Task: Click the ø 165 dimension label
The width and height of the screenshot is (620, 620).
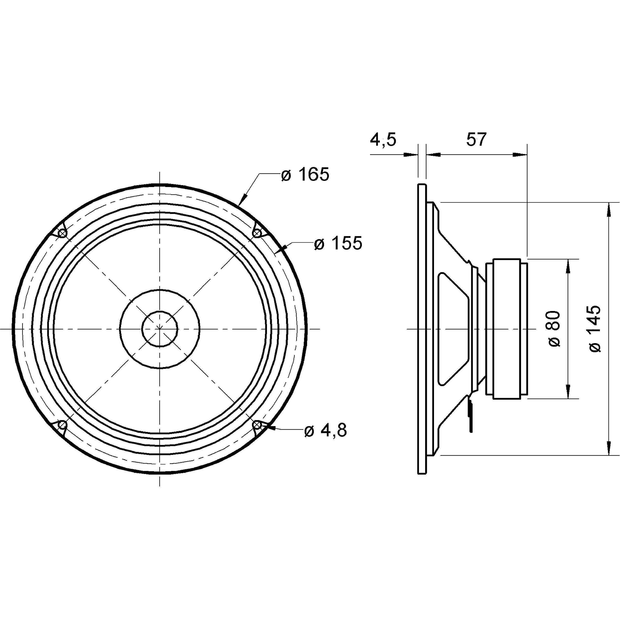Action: tap(305, 175)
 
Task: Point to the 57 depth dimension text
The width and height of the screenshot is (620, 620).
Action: tap(476, 139)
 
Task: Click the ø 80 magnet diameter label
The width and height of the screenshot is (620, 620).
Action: tap(555, 329)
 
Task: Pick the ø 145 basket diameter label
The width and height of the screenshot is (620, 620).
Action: tap(595, 329)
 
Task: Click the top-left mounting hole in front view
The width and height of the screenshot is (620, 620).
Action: tap(62, 233)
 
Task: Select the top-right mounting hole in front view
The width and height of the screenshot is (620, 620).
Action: tap(257, 233)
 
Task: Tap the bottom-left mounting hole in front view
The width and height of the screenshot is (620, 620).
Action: tap(62, 426)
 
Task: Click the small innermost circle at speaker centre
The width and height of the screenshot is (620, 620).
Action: tap(159, 329)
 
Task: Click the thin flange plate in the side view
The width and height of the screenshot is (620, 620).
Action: tap(422, 329)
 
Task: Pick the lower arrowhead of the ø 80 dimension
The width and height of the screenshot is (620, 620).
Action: tap(568, 391)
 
